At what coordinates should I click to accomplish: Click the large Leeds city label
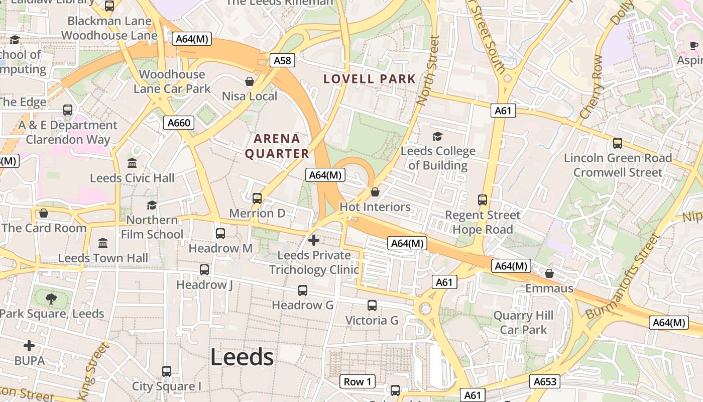click(242, 357)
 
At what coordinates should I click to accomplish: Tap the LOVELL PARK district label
click(370, 79)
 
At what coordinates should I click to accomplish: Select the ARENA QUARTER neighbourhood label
click(277, 146)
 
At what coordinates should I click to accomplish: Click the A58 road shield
click(282, 61)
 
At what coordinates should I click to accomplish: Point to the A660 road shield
click(179, 123)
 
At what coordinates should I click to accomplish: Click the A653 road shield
click(545, 381)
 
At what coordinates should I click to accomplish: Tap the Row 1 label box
click(358, 381)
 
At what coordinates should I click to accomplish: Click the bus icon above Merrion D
click(257, 198)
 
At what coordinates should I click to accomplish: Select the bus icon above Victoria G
click(372, 306)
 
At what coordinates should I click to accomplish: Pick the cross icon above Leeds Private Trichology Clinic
click(314, 240)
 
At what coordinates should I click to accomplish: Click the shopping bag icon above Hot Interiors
click(375, 192)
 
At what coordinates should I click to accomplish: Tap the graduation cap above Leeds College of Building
click(437, 136)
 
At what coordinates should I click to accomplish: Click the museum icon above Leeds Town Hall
click(103, 243)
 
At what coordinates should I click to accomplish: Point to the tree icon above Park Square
click(51, 299)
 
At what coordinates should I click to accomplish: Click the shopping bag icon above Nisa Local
click(250, 81)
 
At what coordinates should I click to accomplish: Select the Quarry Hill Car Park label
click(523, 323)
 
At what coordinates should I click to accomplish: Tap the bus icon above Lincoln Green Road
click(618, 143)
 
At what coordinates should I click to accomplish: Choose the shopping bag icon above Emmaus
click(549, 273)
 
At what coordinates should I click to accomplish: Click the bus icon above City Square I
click(167, 371)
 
